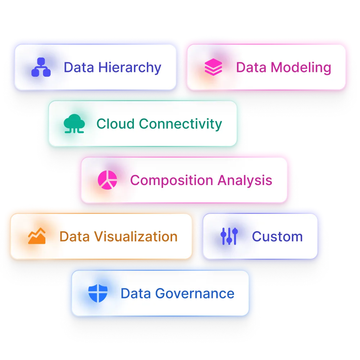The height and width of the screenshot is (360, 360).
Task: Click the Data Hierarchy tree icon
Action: click(41, 67)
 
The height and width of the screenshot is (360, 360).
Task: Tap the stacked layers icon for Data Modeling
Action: click(213, 67)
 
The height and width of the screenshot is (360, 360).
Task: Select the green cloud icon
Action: click(74, 124)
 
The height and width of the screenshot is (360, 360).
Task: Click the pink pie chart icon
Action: click(107, 180)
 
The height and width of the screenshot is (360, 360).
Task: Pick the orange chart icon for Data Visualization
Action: click(37, 237)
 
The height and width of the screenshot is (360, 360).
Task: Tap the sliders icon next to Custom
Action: click(229, 237)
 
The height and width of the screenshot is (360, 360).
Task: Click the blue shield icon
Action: click(98, 293)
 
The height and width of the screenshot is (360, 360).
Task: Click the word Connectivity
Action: click(180, 124)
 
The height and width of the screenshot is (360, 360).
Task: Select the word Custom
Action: click(277, 237)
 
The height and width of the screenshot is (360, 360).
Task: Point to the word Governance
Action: click(194, 293)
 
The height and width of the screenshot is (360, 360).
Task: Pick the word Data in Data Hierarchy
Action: click(76, 68)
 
